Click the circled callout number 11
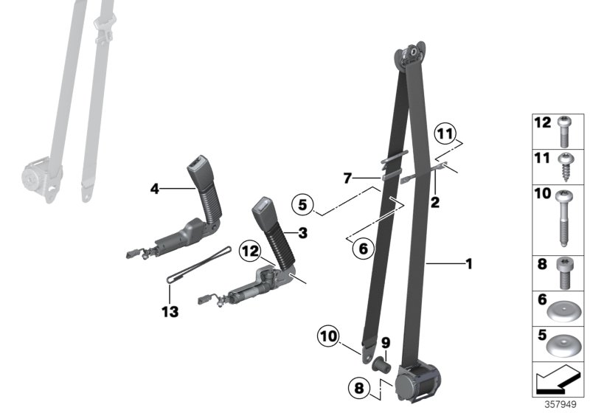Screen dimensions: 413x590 [x=443, y=133]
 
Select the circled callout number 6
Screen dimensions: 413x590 [x=361, y=249]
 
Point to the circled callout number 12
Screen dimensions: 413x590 [x=249, y=252]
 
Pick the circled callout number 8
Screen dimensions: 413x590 [x=359, y=387]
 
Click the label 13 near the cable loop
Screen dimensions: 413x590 [x=170, y=313]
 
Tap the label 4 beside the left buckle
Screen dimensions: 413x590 [x=155, y=190]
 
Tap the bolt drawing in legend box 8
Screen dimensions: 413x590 [x=567, y=273]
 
